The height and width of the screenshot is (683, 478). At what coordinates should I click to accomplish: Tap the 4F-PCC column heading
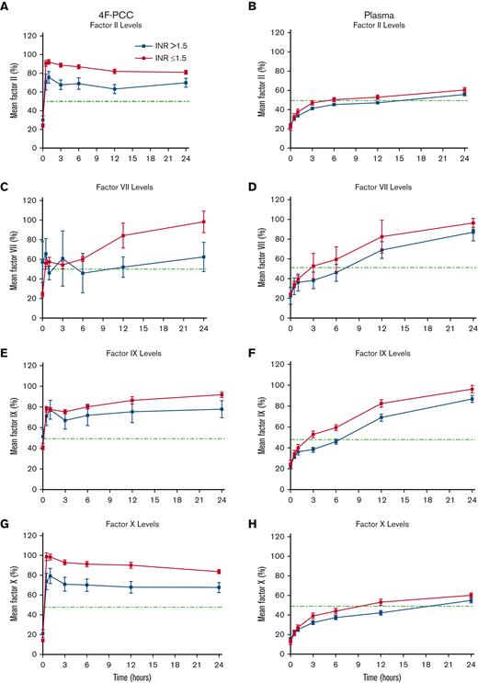pos(130,7)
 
